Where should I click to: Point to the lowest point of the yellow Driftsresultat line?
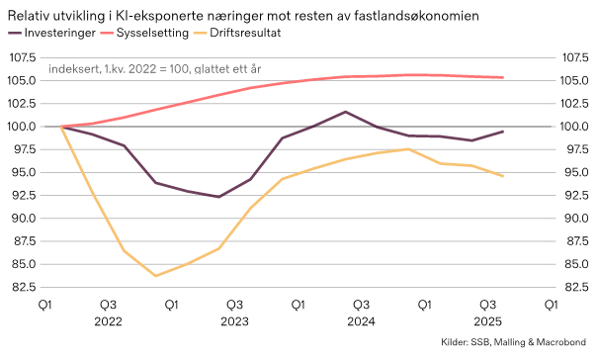coord(155,276)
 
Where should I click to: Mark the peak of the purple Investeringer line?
coord(345,112)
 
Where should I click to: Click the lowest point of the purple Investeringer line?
coord(218,197)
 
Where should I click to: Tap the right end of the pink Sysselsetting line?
coord(503,78)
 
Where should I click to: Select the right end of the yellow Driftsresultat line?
coord(503,176)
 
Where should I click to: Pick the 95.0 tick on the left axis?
coord(22,172)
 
